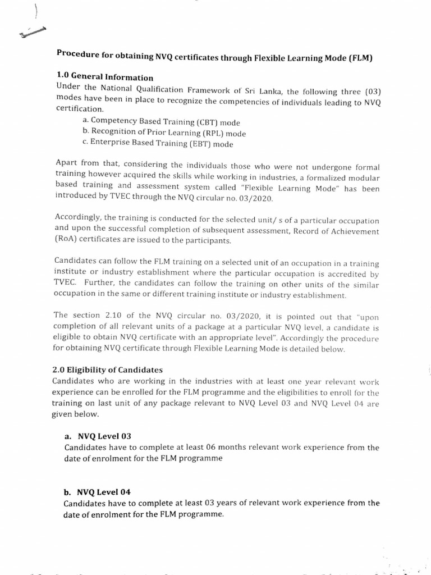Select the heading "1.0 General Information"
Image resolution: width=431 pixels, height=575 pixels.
[x=105, y=77]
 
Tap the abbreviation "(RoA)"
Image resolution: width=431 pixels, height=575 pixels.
[x=67, y=242]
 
